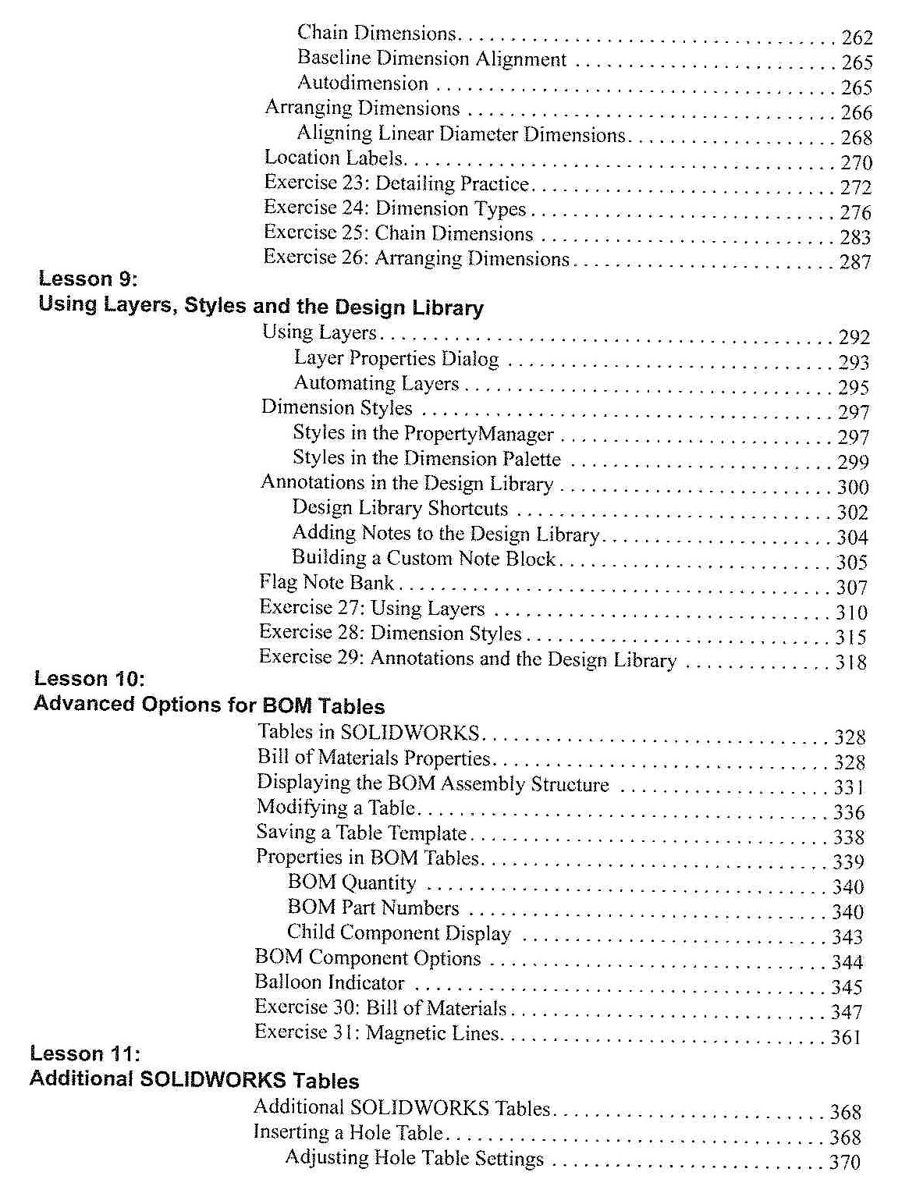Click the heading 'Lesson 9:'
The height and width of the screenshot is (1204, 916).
click(88, 279)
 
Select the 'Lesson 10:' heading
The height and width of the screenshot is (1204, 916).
click(90, 678)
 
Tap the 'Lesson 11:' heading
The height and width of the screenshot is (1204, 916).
click(85, 1053)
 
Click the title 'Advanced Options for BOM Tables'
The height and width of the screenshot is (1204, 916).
click(209, 705)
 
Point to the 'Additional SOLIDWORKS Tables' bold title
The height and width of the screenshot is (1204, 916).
click(194, 1080)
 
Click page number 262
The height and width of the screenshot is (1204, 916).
click(857, 37)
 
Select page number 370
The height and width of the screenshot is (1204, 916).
click(844, 1162)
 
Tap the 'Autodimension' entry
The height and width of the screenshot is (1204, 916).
click(363, 83)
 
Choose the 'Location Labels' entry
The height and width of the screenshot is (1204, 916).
click(334, 158)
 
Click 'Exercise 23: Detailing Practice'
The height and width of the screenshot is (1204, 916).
click(396, 183)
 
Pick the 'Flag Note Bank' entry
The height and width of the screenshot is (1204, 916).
click(327, 582)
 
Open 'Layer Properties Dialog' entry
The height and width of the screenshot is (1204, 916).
click(396, 358)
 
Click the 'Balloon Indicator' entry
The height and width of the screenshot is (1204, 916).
click(329, 982)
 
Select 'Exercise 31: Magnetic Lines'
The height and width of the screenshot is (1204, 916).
click(378, 1032)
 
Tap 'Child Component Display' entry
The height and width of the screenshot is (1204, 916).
click(399, 932)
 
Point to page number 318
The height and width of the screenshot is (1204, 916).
click(851, 662)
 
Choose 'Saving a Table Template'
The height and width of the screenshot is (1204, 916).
click(361, 833)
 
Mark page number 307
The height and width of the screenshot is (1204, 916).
click(852, 588)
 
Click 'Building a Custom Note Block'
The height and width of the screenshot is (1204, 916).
click(424, 558)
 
